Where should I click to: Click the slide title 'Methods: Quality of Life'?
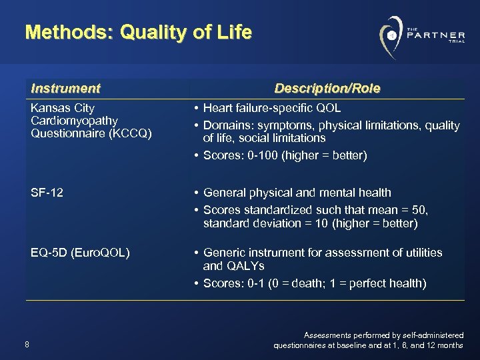[139, 32]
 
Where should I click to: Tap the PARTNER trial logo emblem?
[392, 35]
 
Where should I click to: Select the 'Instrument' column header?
[65, 88]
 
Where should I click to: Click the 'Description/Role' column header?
[327, 88]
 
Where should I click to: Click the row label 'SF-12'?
[47, 193]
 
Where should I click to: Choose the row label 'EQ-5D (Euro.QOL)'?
[80, 253]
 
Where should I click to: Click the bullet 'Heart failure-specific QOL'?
[271, 108]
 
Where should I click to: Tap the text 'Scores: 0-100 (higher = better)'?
[285, 156]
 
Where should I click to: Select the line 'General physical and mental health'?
[297, 193]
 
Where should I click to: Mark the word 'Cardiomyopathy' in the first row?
[74, 121]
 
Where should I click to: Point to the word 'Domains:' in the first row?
[225, 125]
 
